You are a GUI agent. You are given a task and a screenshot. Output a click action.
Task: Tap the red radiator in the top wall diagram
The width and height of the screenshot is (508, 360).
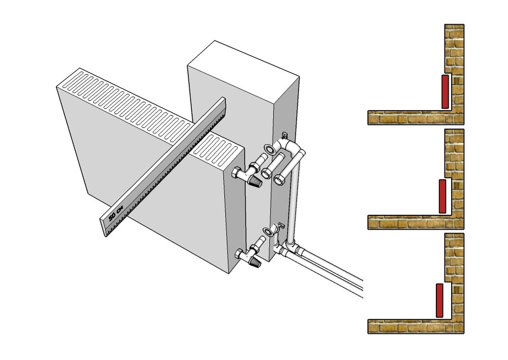[x=445, y=91]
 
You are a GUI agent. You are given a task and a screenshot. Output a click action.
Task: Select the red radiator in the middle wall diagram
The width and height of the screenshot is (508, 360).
[x=442, y=196]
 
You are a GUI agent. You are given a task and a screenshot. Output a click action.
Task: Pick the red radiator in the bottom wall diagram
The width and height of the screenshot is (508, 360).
[x=439, y=301]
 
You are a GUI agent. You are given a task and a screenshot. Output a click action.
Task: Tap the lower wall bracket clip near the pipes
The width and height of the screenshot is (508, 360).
[x=280, y=225]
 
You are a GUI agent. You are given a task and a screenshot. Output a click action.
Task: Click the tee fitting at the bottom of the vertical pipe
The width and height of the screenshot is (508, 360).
[x=293, y=248]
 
